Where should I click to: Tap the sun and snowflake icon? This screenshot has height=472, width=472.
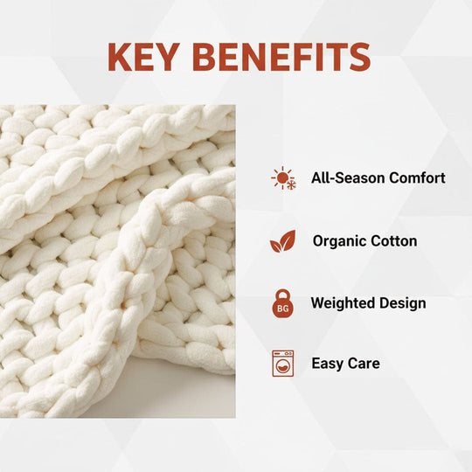282,178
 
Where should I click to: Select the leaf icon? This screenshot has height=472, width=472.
282,241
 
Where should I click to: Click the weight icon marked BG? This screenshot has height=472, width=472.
282,303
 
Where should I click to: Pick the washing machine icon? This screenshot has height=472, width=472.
282,363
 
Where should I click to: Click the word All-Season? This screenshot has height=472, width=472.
347,178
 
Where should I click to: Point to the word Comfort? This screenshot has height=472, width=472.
416,178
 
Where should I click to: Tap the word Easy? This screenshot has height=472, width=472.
328,363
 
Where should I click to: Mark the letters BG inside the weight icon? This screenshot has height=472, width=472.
282,309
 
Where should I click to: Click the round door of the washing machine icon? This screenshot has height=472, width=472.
282,366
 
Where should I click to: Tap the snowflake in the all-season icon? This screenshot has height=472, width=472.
289,184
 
